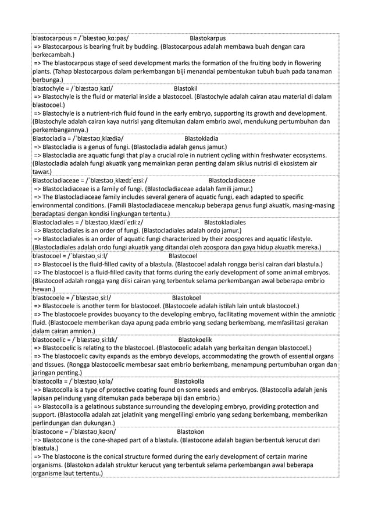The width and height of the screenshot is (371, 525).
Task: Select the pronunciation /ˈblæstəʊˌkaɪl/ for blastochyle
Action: click(x=92, y=88)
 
